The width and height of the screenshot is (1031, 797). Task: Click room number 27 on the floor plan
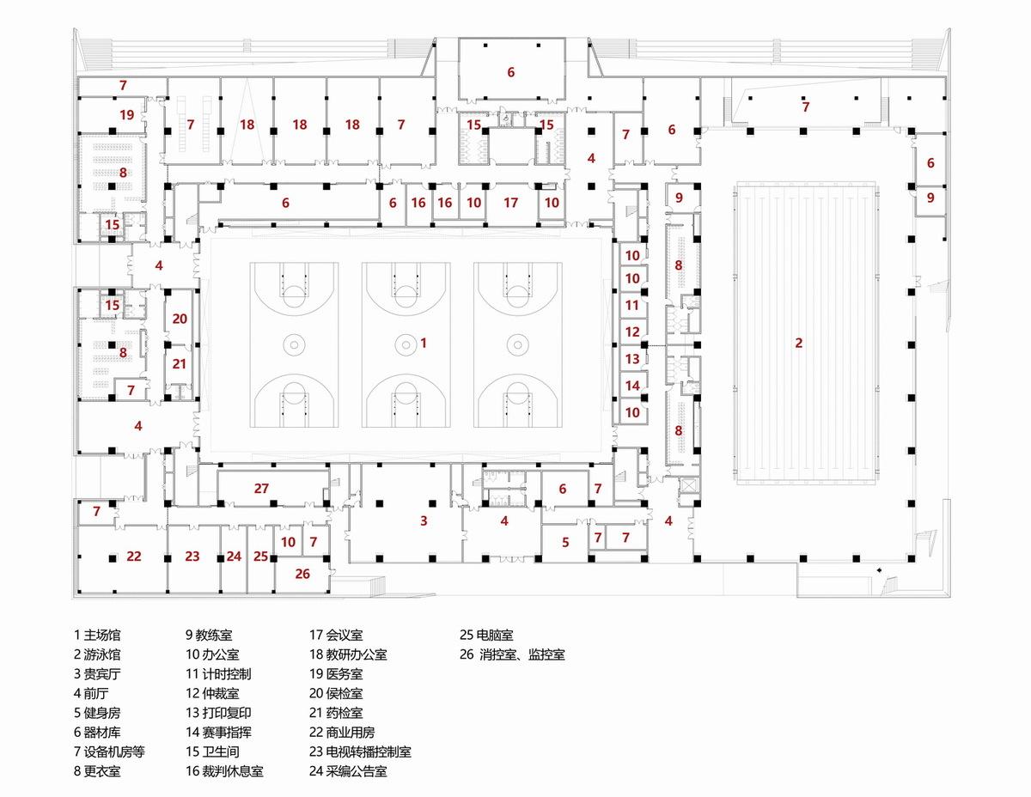[x=261, y=489]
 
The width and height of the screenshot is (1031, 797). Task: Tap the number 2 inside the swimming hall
[x=798, y=344]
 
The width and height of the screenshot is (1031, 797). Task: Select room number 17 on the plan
[x=511, y=204]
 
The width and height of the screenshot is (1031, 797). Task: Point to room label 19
[x=126, y=114]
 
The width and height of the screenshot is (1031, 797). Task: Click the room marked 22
[x=134, y=557]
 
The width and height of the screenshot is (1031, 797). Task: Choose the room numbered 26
[x=302, y=574]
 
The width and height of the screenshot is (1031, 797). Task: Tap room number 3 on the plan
[x=424, y=520]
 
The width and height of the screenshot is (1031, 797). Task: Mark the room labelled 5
[x=565, y=542]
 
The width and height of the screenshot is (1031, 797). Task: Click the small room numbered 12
[x=632, y=332]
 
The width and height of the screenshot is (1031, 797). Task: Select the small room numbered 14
[x=632, y=386]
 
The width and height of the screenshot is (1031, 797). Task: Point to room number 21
[x=179, y=364]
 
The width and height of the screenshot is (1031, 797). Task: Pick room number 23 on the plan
[x=192, y=557]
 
